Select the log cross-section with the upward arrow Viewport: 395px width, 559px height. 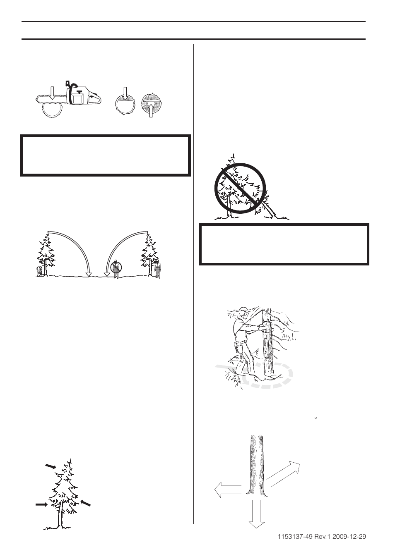click(x=152, y=107)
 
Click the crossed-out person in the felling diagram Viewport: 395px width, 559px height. click(x=117, y=268)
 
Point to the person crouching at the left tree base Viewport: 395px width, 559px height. click(x=40, y=271)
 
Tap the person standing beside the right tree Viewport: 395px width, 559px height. click(x=158, y=269)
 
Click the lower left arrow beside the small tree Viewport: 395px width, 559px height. click(x=41, y=504)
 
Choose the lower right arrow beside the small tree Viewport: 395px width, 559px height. click(x=85, y=503)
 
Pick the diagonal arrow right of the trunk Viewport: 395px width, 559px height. click(x=286, y=471)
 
